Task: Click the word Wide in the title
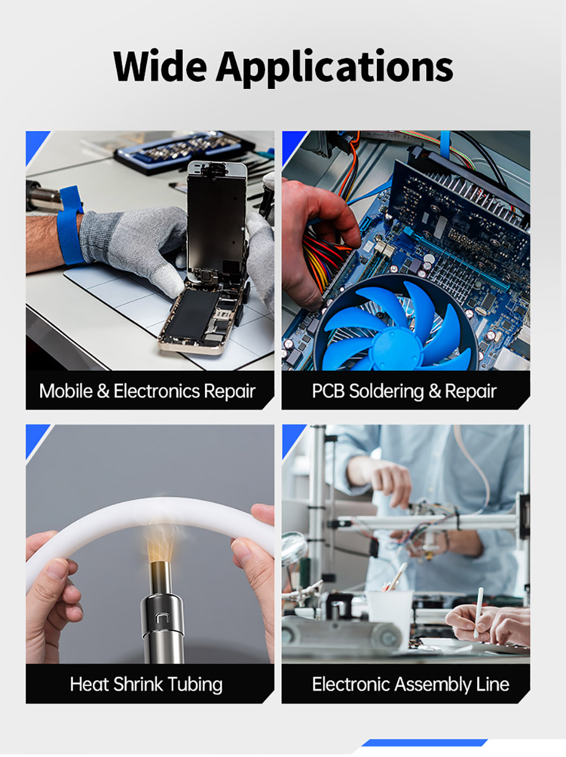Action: [x=160, y=66]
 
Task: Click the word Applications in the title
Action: [x=335, y=69]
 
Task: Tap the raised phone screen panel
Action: [x=216, y=221]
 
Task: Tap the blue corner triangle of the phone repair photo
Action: [x=35, y=144]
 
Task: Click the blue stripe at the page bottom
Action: [x=424, y=742]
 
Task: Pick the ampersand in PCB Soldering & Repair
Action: [x=434, y=391]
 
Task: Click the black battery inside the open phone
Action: [x=194, y=314]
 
